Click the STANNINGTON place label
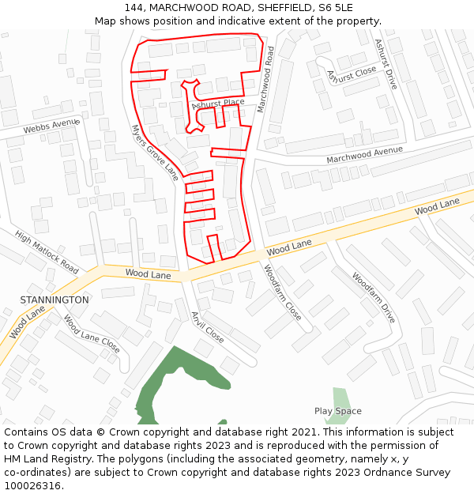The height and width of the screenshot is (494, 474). pyautogui.click(x=55, y=300)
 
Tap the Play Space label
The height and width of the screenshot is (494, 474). pyautogui.click(x=337, y=411)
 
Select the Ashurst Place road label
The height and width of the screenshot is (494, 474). pyautogui.click(x=218, y=104)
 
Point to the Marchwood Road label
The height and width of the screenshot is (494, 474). pyautogui.click(x=265, y=79)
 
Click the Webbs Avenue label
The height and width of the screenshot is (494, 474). pyautogui.click(x=51, y=126)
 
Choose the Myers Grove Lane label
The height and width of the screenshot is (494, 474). pyautogui.click(x=156, y=153)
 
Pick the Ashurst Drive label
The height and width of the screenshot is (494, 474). pyautogui.click(x=386, y=64)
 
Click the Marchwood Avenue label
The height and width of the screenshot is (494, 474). pyautogui.click(x=364, y=156)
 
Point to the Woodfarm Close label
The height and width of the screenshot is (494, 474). pyautogui.click(x=282, y=292)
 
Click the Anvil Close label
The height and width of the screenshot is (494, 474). pyautogui.click(x=207, y=326)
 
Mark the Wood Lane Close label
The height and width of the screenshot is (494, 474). pyautogui.click(x=92, y=334)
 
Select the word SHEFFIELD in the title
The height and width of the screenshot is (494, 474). pyautogui.click(x=269, y=7)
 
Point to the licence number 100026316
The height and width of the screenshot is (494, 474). pyautogui.click(x=34, y=486)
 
